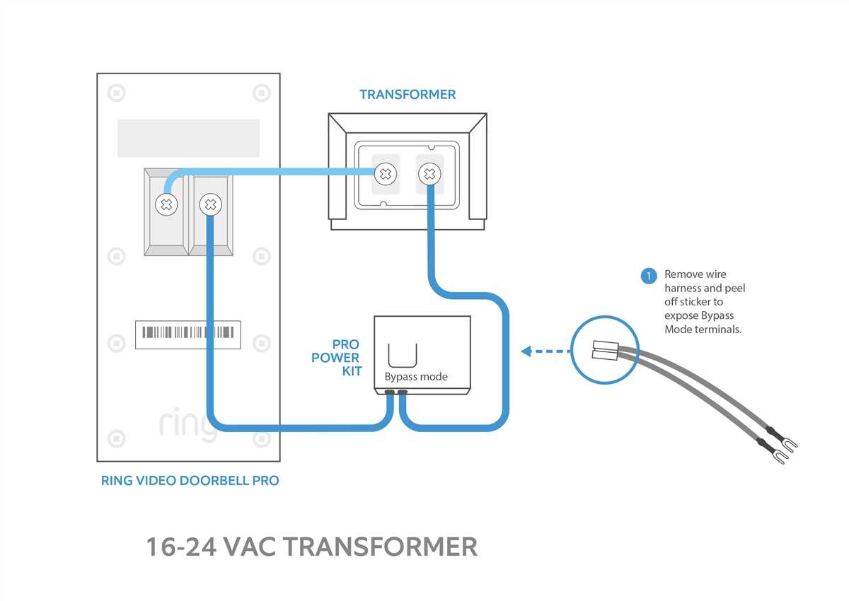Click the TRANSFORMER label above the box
408,95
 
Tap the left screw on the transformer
385,173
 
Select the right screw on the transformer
428,173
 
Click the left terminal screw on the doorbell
167,205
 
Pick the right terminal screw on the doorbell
209,205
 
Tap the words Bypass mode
416,377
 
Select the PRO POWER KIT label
337,358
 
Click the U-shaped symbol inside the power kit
403,353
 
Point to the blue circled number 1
649,276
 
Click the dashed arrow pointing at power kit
545,351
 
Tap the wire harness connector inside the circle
604,349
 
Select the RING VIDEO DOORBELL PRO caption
190,481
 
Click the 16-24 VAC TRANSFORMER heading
311,547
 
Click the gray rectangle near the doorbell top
188,138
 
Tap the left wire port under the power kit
390,392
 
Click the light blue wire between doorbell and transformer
283,172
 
